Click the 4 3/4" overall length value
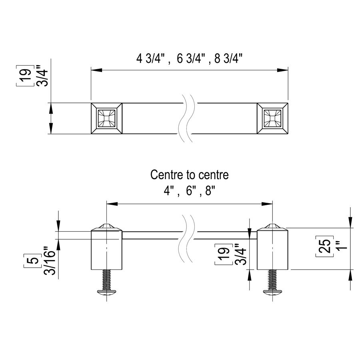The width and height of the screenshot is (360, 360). [x=151, y=58]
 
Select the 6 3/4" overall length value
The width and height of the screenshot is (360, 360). [x=191, y=58]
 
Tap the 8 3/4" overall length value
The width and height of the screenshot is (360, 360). [x=228, y=58]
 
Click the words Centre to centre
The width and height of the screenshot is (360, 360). [x=190, y=175]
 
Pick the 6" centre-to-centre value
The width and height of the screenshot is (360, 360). [x=190, y=190]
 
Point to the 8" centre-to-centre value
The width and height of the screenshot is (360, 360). [x=210, y=190]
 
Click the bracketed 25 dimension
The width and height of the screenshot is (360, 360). [x=324, y=246]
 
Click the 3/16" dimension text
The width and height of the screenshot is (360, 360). [x=50, y=260]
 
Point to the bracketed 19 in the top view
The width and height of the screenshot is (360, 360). [x=25, y=76]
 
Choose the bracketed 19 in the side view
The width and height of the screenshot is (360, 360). [x=223, y=254]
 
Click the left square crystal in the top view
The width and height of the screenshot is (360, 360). [x=106, y=118]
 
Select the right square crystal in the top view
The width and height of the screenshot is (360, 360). [x=272, y=118]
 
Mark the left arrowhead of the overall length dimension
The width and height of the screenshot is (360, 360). [x=97, y=70]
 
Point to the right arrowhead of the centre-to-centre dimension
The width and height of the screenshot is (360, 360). [x=267, y=204]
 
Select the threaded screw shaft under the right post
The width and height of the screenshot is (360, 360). [x=272, y=280]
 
